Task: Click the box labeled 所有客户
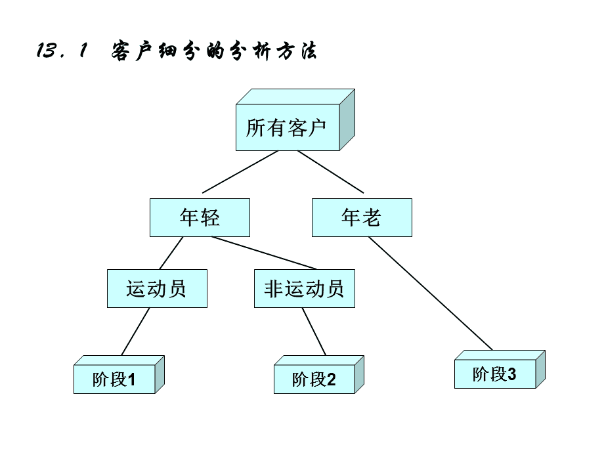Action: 287,127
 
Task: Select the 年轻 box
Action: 200,217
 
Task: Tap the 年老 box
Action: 362,217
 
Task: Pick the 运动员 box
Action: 157,288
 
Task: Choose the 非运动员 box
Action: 304,288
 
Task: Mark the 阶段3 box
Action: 495,374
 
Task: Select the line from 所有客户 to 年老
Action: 330,172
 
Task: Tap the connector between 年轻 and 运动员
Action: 171,253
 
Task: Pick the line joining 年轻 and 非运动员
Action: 264,253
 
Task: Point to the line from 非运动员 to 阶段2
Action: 314,332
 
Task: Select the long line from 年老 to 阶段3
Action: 430,293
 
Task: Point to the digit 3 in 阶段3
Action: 512,375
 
